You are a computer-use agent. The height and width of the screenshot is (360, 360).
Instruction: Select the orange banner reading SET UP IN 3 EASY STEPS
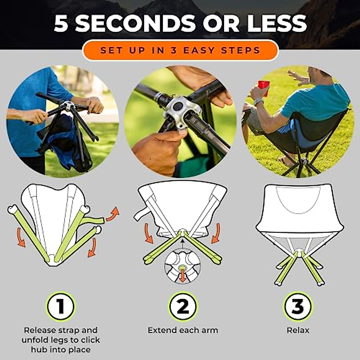click(180, 50)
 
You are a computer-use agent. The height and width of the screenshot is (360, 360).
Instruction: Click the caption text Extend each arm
click(183, 330)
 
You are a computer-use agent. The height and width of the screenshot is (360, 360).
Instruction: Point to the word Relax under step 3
click(298, 330)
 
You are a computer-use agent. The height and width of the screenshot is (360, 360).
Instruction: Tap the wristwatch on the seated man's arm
click(258, 102)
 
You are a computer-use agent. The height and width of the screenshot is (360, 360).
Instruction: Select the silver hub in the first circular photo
click(68, 106)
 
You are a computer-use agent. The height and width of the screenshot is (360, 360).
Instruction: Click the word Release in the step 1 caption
click(40, 330)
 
